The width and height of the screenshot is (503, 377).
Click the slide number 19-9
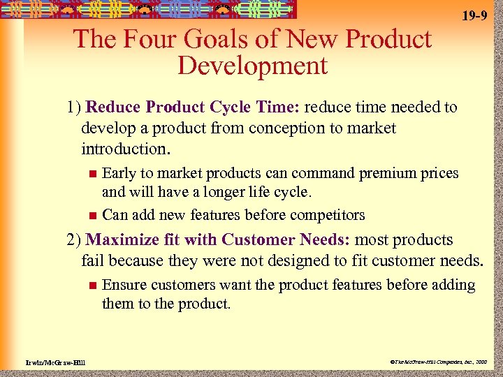point(474,15)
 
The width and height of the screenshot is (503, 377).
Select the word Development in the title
point(252,66)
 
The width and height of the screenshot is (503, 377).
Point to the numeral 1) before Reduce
point(75,108)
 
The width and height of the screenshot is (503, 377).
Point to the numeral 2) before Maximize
point(75,240)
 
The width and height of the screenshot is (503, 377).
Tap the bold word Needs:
point(326,240)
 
